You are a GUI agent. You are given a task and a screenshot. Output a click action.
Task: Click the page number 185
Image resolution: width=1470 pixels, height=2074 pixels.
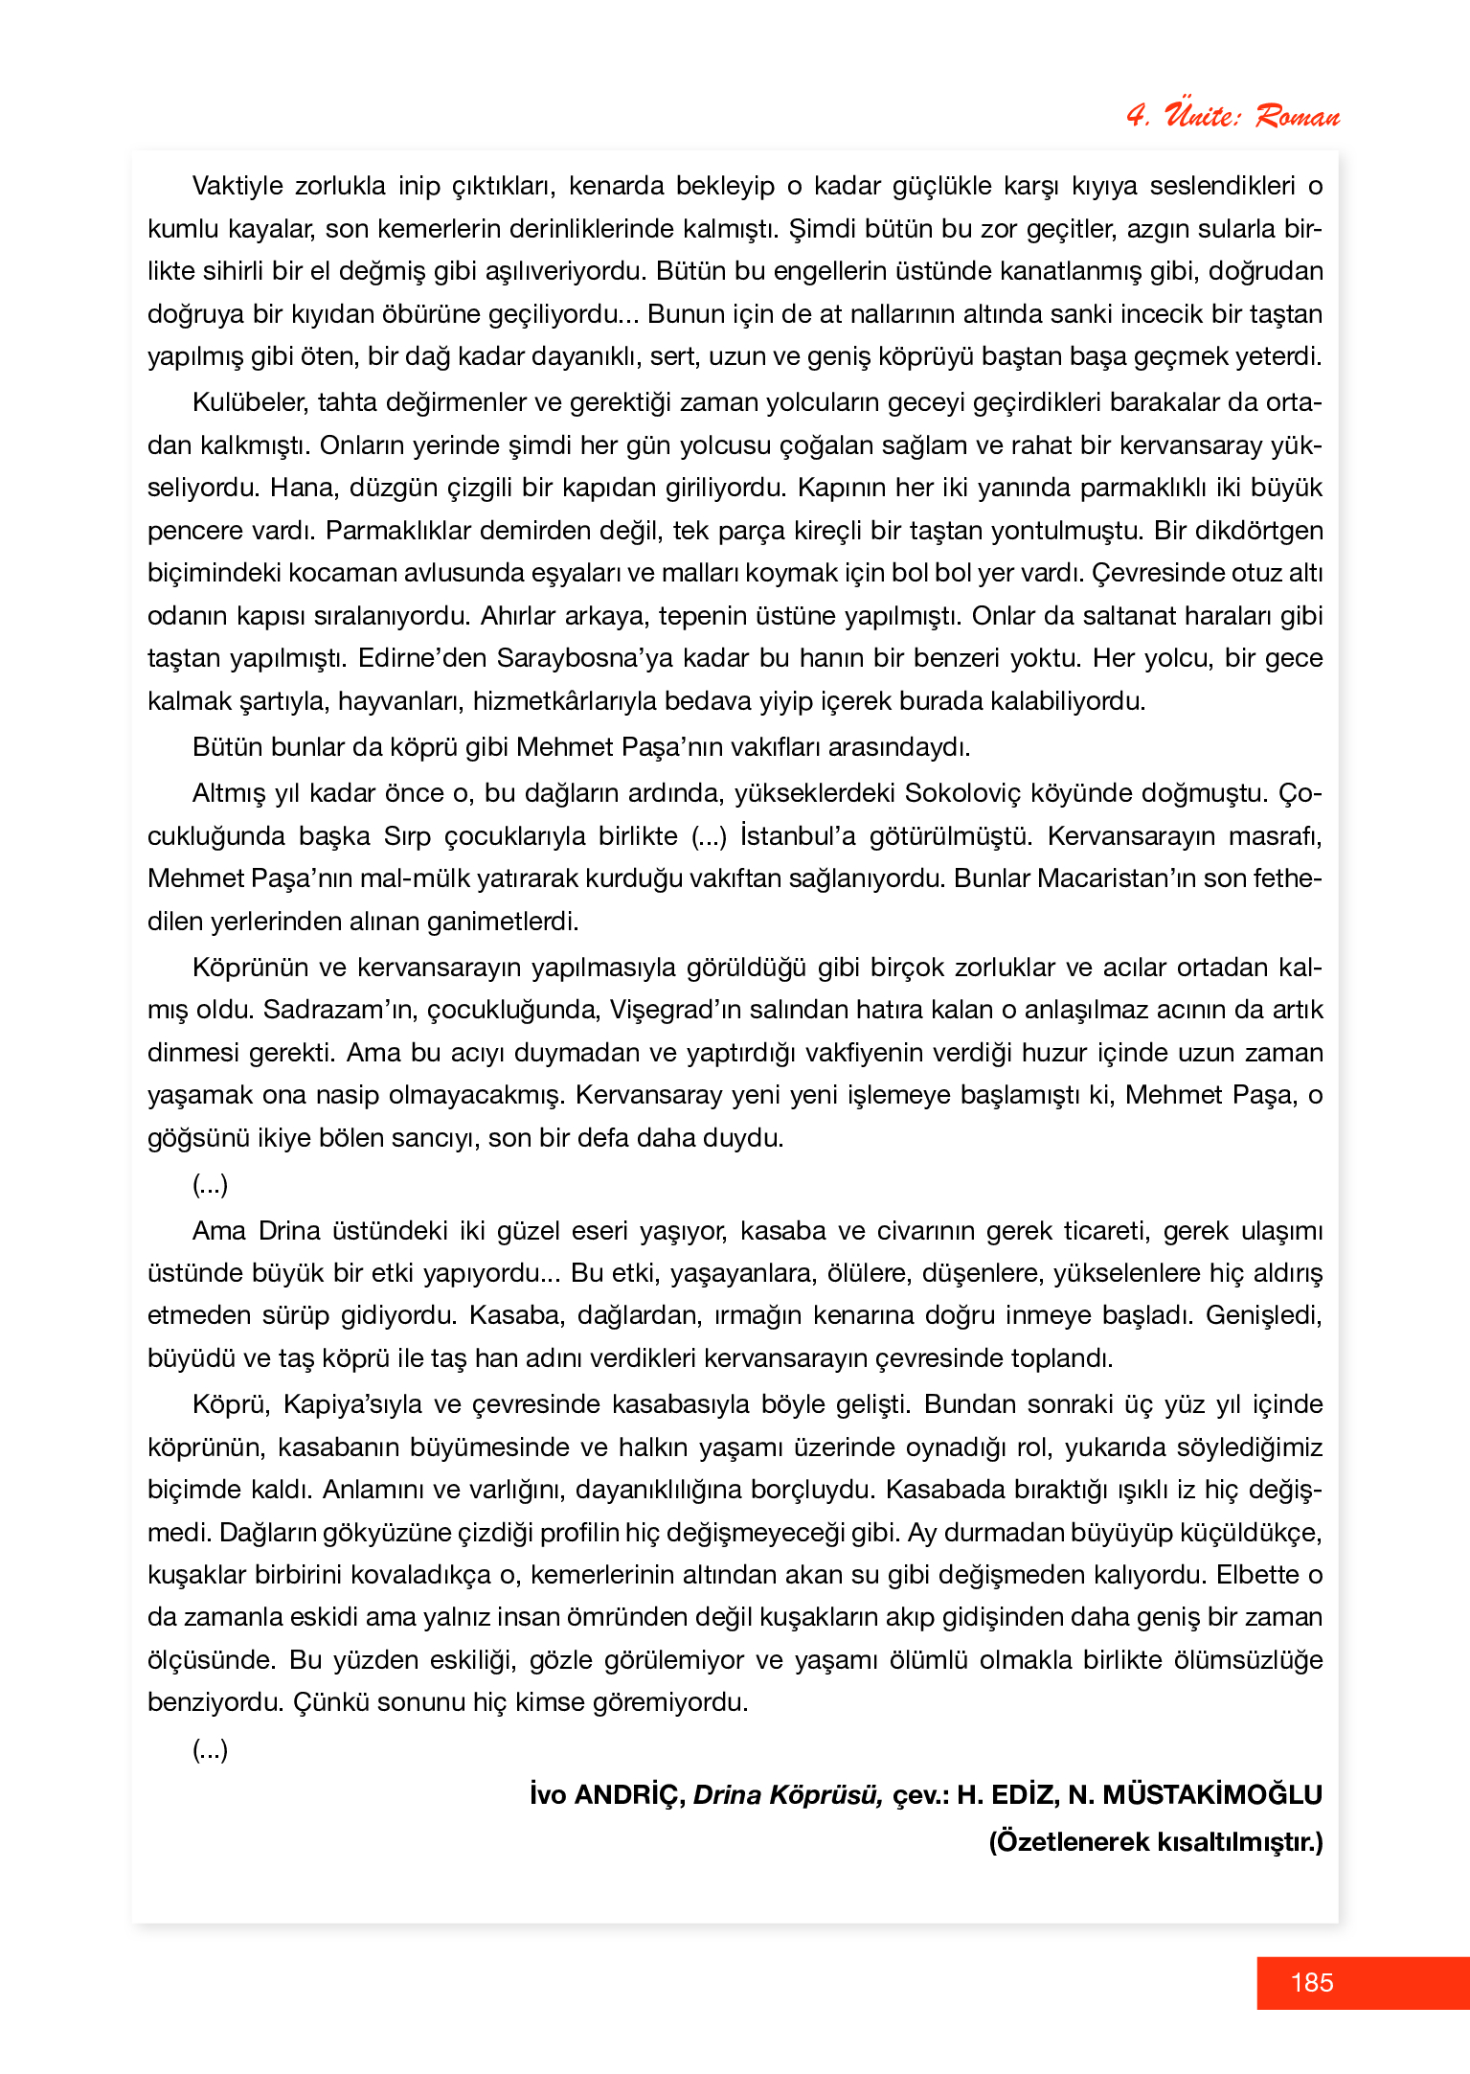point(1311,1982)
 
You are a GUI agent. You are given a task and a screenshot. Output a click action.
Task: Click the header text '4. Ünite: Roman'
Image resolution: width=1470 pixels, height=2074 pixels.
point(1233,116)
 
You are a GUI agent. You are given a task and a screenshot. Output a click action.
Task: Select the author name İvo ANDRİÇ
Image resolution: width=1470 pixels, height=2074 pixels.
point(607,1795)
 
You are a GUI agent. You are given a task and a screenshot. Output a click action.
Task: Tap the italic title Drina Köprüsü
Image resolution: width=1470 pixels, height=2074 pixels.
point(787,1795)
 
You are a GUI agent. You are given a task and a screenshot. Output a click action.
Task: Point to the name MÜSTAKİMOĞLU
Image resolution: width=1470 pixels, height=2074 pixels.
point(1212,1795)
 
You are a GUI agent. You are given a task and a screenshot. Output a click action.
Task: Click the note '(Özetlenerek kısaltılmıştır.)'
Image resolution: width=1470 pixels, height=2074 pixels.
point(1156,1841)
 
